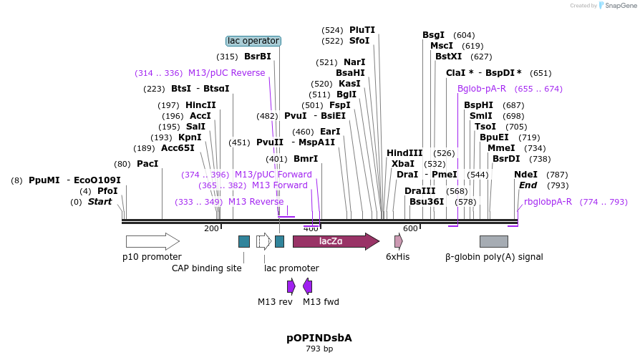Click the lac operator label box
point(253,41)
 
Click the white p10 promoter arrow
point(152,241)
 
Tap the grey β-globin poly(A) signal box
point(493,241)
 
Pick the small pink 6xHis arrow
point(398,241)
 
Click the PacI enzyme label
point(147,164)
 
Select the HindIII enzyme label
point(404,153)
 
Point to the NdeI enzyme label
point(525,175)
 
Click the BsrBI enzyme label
point(258,57)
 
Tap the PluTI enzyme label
point(362,30)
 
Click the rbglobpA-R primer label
point(548,202)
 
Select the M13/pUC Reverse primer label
point(226,73)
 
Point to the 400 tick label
point(311,229)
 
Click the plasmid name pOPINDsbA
point(319,338)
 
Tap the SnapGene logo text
point(618,6)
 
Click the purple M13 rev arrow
point(291,286)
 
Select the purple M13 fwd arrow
point(308,286)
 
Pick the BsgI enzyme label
point(433,35)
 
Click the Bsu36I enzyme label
point(427,202)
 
